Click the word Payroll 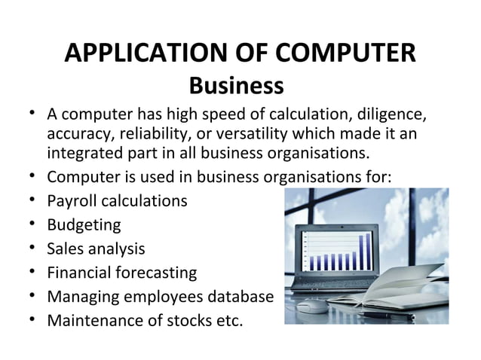(x=71, y=202)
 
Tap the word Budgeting (x=83, y=225)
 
